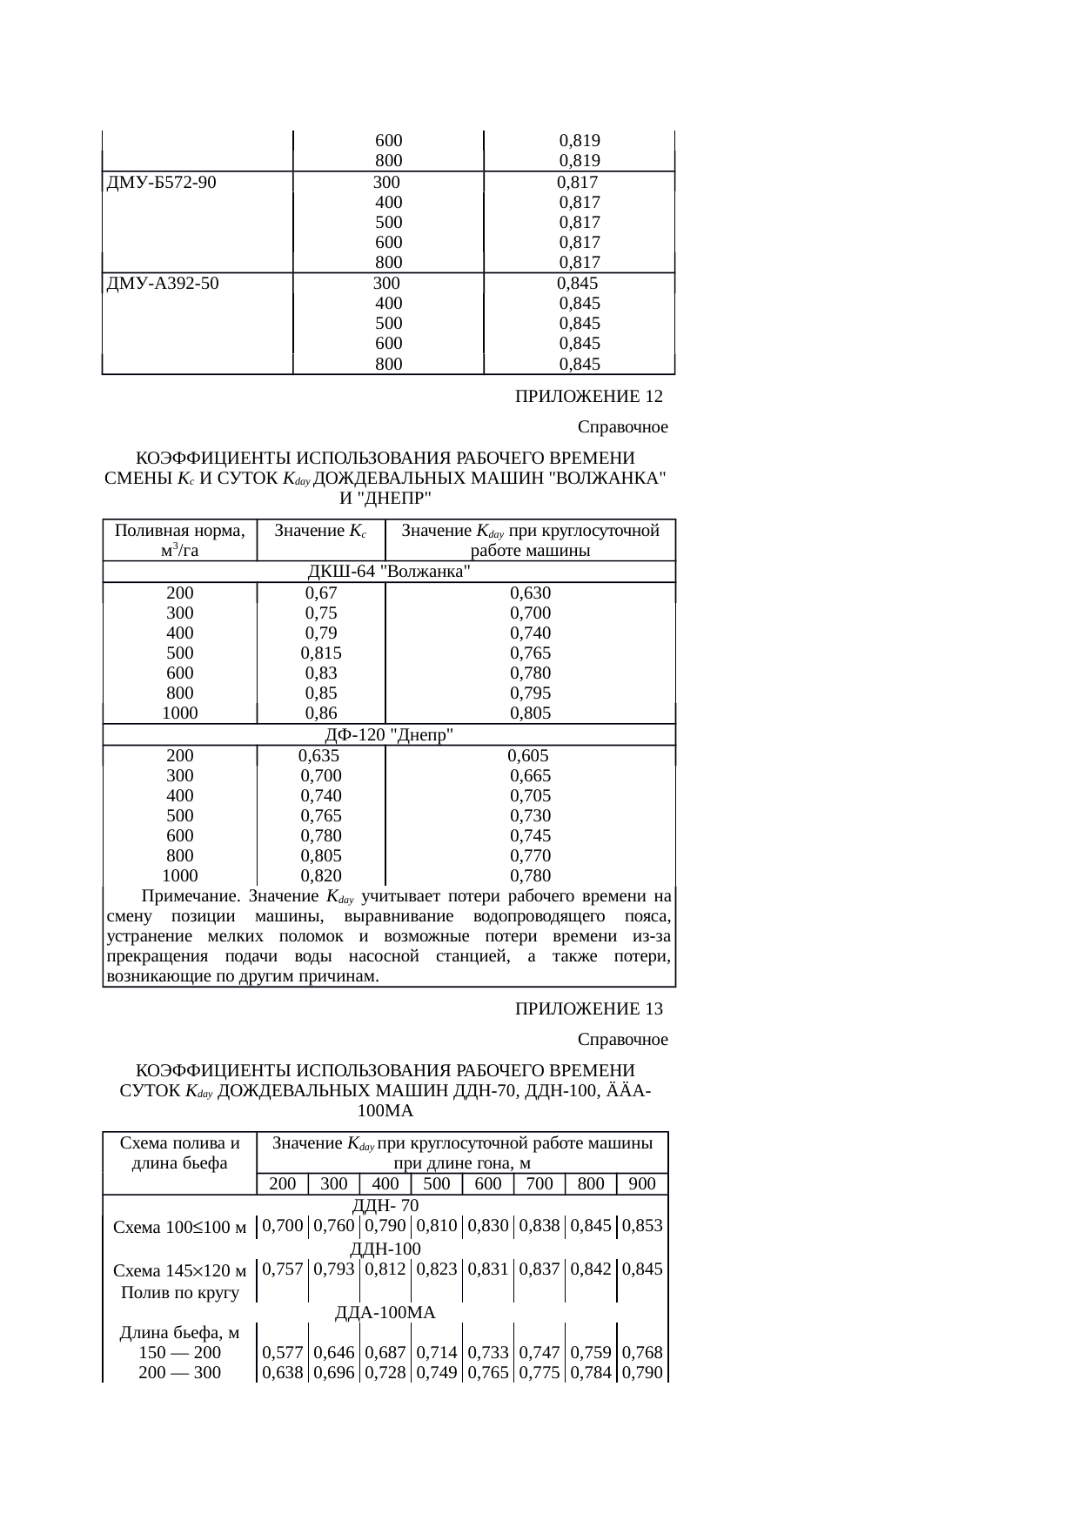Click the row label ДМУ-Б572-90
click(x=161, y=183)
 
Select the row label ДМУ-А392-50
click(x=162, y=283)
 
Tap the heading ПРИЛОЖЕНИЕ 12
click(x=588, y=397)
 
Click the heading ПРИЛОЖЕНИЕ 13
click(x=588, y=1009)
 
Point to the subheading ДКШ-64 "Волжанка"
click(x=389, y=572)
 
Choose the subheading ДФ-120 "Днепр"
click(x=389, y=735)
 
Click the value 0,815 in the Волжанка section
click(x=321, y=653)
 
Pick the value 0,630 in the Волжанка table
click(x=530, y=593)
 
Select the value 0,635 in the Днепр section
click(x=318, y=756)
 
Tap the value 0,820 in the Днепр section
click(x=321, y=876)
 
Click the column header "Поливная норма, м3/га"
click(x=180, y=540)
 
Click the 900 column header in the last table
click(x=642, y=1183)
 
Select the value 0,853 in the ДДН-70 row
click(x=642, y=1226)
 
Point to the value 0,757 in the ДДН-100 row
click(x=283, y=1269)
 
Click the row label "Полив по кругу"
click(x=180, y=1292)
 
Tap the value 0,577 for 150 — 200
click(x=283, y=1353)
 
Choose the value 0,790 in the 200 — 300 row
click(x=642, y=1373)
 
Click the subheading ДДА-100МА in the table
click(x=385, y=1312)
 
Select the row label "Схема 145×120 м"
click(x=180, y=1271)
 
